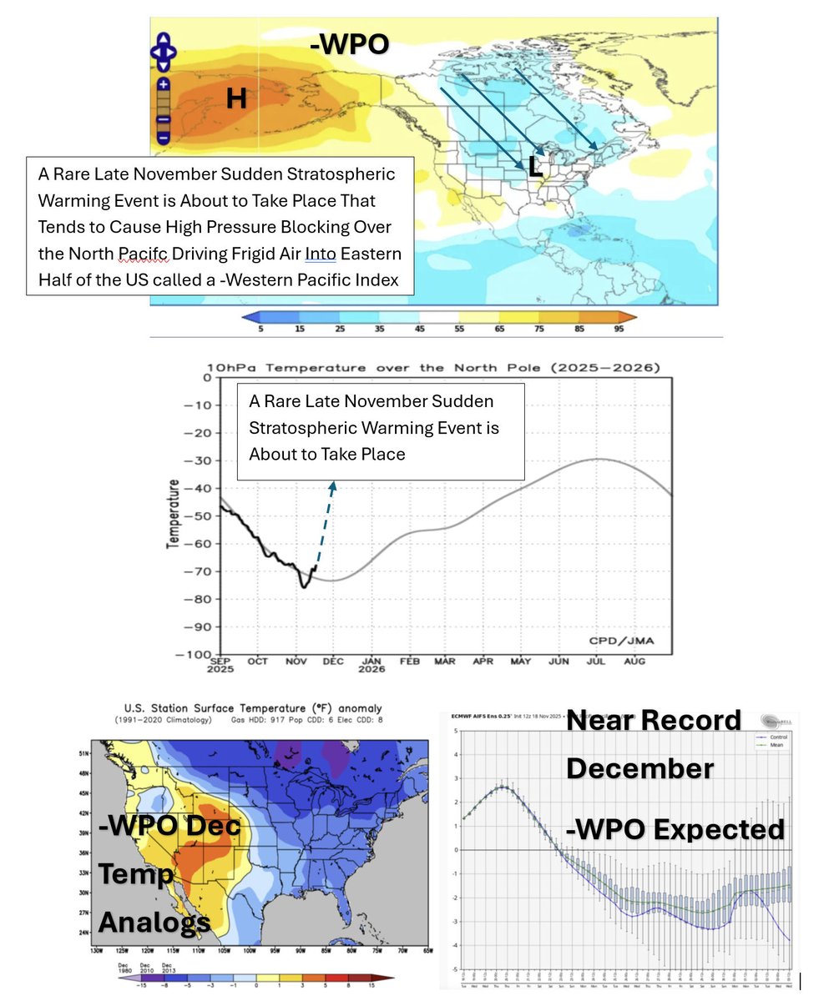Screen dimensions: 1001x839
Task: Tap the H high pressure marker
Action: [237, 99]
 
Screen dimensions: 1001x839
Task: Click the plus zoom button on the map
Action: [163, 84]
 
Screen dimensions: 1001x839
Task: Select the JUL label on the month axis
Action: [596, 661]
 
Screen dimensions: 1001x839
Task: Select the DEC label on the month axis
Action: [332, 661]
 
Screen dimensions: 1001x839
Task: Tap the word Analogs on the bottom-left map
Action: [154, 922]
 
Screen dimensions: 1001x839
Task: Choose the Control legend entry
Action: [778, 737]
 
